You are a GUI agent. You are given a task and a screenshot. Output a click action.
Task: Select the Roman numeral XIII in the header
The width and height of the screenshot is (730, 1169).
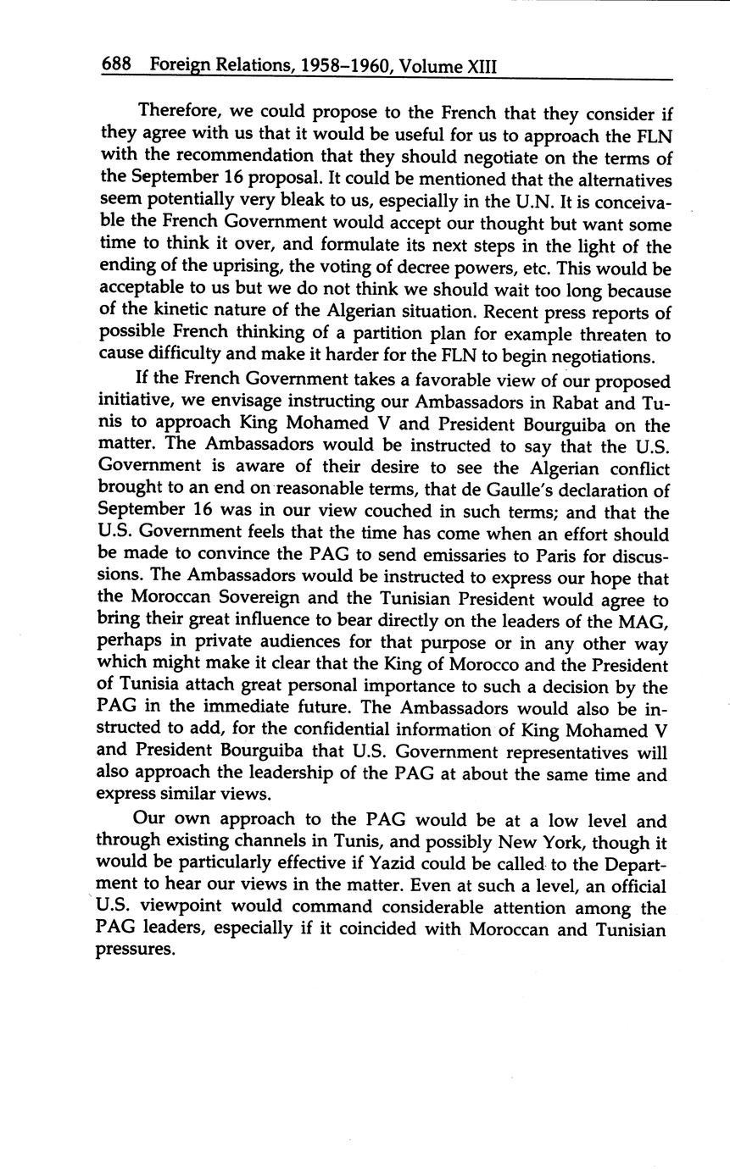pos(482,65)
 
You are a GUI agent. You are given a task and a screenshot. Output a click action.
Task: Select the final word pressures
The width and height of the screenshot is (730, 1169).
pos(135,950)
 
